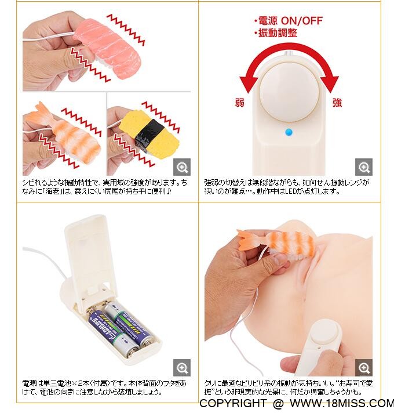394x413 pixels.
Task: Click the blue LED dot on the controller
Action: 289,132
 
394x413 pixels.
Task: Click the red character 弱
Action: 240,103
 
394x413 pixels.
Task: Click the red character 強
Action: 337,103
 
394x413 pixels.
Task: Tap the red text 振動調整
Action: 278,33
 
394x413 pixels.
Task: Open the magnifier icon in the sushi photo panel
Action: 182,167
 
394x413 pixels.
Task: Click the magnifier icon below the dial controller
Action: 364,167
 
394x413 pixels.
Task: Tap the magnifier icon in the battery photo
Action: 182,368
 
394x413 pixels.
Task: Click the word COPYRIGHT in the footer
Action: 233,403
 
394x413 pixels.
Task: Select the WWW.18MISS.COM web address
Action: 342,403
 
